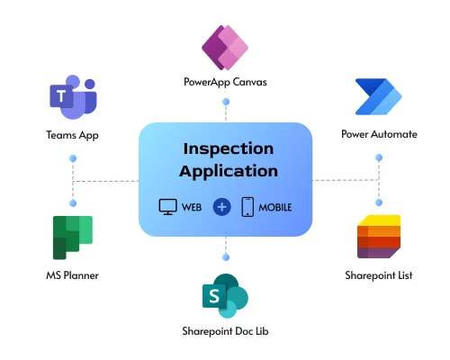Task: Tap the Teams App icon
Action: click(x=72, y=99)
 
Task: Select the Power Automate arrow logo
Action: click(x=379, y=98)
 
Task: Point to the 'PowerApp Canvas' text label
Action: click(x=225, y=85)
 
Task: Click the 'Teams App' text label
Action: click(x=72, y=135)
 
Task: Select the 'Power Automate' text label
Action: click(x=379, y=135)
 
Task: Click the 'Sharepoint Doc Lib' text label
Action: click(x=225, y=332)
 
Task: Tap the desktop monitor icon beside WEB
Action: click(x=167, y=206)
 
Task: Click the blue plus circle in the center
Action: click(x=222, y=206)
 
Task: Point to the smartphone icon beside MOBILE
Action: click(x=247, y=206)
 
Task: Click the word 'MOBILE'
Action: click(x=274, y=207)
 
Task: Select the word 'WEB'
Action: click(x=192, y=207)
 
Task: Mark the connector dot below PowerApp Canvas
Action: click(x=225, y=103)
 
